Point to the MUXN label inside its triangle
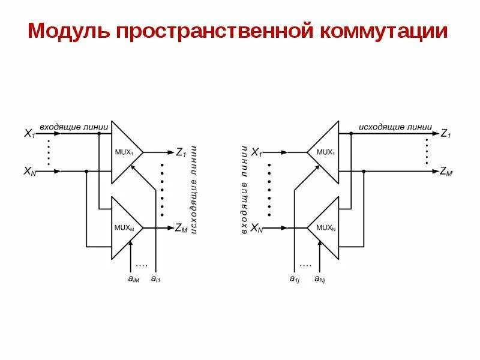click(325, 227)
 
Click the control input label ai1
click(155, 278)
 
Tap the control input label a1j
click(295, 278)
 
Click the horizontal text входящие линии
click(74, 127)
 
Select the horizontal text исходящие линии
click(394, 127)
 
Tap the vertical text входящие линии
click(244, 190)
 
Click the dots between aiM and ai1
click(142, 265)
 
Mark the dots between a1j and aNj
click(305, 265)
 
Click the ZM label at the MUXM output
click(181, 228)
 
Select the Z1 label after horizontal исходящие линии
click(445, 134)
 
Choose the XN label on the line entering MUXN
click(256, 228)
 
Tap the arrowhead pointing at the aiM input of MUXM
click(131, 242)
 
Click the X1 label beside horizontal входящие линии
click(29, 134)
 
